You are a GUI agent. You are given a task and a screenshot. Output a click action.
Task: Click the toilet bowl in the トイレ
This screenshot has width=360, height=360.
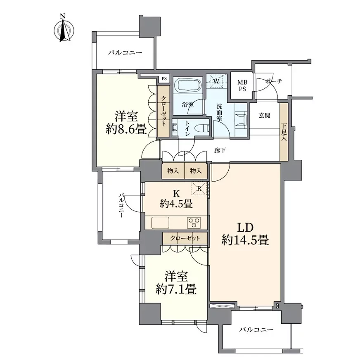pyautogui.click(x=201, y=128)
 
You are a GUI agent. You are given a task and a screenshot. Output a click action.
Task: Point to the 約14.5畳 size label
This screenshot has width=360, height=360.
pyautogui.click(x=245, y=240)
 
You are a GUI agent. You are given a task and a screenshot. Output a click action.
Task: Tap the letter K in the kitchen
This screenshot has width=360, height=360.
pyautogui.click(x=176, y=194)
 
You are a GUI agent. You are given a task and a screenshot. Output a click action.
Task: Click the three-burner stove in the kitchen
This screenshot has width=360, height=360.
pyautogui.click(x=194, y=223)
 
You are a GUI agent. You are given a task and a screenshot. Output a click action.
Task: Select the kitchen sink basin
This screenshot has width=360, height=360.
pyautogui.click(x=160, y=223)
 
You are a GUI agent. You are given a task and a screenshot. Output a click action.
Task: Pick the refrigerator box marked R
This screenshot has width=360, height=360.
pyautogui.click(x=199, y=189)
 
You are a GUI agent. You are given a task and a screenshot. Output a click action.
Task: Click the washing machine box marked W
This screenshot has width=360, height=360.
pyautogui.click(x=216, y=81)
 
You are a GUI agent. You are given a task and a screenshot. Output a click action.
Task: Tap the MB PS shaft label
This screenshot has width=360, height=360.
pyautogui.click(x=242, y=85)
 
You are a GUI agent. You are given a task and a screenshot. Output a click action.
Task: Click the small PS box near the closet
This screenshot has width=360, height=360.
pyautogui.click(x=164, y=79)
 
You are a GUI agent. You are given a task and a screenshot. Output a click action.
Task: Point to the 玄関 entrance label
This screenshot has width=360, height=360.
pyautogui.click(x=264, y=116)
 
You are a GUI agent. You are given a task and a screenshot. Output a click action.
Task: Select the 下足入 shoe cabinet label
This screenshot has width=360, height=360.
pyautogui.click(x=284, y=132)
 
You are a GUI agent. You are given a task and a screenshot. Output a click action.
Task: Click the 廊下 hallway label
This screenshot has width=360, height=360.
pyautogui.click(x=220, y=150)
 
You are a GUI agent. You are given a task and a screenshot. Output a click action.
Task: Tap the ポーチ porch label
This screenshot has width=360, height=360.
pyautogui.click(x=274, y=81)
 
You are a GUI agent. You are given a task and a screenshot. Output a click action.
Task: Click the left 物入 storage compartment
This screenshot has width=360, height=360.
pyautogui.click(x=173, y=171)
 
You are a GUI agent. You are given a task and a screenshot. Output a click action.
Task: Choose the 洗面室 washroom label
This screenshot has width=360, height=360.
pyautogui.click(x=219, y=112)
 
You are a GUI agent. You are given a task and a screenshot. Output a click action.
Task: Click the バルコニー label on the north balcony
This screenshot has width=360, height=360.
pyautogui.click(x=125, y=53)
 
